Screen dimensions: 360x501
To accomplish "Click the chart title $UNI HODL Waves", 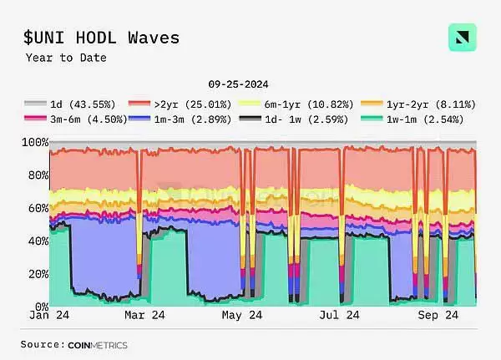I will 101,38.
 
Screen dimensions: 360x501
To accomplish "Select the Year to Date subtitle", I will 66,58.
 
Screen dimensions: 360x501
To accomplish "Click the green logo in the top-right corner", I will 462,38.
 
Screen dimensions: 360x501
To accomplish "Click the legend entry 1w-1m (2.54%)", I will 417,119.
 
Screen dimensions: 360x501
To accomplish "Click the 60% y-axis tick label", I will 34,208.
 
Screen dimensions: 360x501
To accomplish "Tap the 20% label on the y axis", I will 34,274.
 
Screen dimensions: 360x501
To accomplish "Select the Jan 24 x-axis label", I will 50,316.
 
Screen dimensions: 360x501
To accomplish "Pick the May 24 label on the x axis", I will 242,316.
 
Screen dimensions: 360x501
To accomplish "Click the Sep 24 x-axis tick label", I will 438,316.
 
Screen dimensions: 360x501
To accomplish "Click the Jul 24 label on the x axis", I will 340,316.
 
